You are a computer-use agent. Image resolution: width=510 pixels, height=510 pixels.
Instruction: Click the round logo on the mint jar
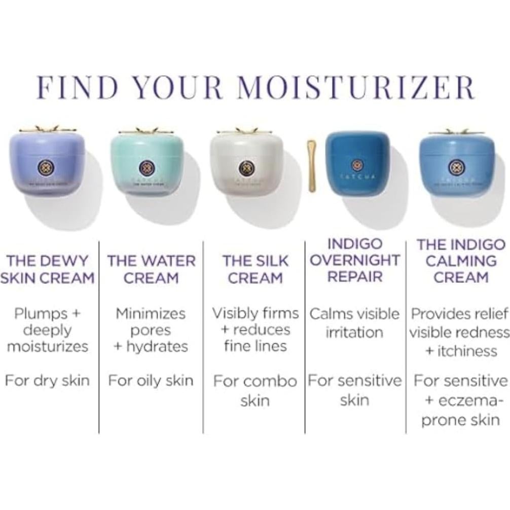[x=147, y=167]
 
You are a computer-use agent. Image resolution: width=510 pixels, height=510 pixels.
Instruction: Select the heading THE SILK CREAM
[x=255, y=269]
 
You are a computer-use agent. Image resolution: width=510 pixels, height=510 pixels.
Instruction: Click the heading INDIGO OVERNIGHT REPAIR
[x=354, y=261]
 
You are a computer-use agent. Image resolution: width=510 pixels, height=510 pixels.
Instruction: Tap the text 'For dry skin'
[x=47, y=381]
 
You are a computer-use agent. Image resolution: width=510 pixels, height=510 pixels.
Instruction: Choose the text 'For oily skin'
[x=151, y=381]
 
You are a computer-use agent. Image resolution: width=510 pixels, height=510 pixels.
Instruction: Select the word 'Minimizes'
[x=151, y=314]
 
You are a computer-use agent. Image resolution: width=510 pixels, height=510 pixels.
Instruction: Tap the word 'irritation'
[x=354, y=333]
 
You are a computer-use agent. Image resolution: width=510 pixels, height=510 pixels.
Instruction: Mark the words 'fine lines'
[x=255, y=346]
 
